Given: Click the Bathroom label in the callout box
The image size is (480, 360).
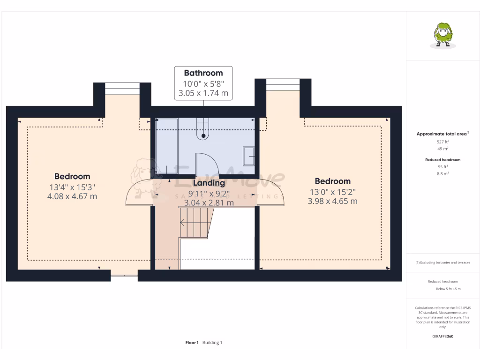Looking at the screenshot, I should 203,73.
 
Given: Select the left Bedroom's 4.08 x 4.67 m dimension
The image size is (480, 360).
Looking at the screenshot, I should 72,196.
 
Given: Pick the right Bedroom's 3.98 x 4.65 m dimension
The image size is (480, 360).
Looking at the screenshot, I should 332,201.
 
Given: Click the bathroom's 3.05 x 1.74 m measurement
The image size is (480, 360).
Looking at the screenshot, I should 203,93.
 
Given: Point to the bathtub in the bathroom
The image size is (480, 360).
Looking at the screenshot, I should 167,145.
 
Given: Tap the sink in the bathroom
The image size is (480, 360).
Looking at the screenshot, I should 248,156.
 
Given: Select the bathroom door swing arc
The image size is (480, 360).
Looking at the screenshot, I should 206,164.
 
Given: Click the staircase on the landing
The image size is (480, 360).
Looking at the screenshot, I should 195,223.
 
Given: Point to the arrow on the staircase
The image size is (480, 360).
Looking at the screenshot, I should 182,223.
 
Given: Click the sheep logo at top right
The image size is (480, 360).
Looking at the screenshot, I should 442,35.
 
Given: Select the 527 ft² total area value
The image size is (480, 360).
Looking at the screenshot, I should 443,141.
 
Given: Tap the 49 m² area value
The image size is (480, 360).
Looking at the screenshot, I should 443,149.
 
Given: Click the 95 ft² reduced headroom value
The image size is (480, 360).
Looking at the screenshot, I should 443,166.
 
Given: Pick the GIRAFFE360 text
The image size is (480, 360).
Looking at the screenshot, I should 443,336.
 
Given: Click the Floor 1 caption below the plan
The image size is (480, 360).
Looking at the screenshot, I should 192,343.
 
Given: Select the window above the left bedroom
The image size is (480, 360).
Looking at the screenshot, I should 122,88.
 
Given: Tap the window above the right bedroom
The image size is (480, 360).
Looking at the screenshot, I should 283,84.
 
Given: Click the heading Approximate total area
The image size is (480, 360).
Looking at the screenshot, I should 442,134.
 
